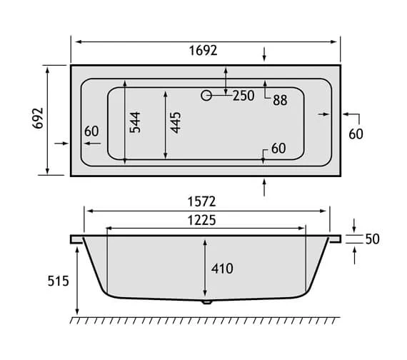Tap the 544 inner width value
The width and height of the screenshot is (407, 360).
click(x=136, y=122)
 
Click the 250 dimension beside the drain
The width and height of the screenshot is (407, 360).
click(x=243, y=96)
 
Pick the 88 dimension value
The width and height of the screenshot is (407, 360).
click(x=279, y=101)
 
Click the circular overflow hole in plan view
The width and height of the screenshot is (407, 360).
click(x=206, y=95)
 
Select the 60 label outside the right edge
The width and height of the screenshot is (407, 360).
click(x=356, y=134)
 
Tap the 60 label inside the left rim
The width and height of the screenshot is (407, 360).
click(x=91, y=131)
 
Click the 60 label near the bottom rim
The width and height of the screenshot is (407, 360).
click(x=278, y=149)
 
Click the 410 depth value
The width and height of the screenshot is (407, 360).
click(x=222, y=269)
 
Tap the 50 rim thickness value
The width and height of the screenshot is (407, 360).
click(x=371, y=239)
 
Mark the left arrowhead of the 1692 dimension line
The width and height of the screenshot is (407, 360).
click(x=74, y=41)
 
